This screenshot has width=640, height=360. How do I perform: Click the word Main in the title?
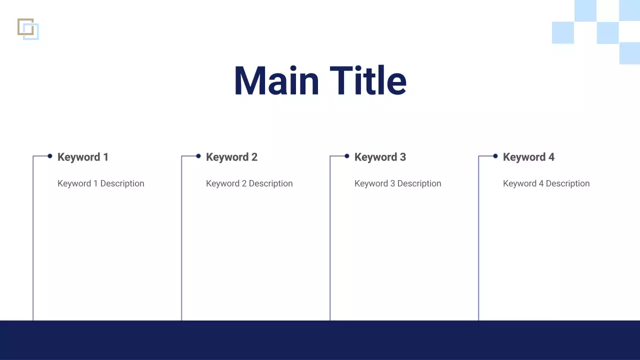pyautogui.click(x=276, y=81)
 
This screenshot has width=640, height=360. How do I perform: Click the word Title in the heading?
pyautogui.click(x=368, y=81)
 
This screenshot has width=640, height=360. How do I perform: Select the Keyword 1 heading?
pyautogui.click(x=83, y=157)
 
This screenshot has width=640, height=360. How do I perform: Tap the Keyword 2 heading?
pyautogui.click(x=231, y=157)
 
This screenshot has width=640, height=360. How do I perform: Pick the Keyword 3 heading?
pyautogui.click(x=380, y=157)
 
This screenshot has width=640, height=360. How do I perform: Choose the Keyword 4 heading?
pyautogui.click(x=528, y=157)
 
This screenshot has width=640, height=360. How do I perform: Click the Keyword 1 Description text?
pyautogui.click(x=100, y=183)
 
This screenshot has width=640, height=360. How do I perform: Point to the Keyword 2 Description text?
pyautogui.click(x=249, y=183)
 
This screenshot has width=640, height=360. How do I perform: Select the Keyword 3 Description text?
pyautogui.click(x=397, y=183)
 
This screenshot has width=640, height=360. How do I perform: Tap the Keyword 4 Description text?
pyautogui.click(x=546, y=183)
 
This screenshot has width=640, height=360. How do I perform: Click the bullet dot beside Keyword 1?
pyautogui.click(x=50, y=156)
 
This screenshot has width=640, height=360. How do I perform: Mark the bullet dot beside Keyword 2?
pyautogui.click(x=198, y=156)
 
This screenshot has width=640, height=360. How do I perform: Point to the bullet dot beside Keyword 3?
pyautogui.click(x=347, y=156)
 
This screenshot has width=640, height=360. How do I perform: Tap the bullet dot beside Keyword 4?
pyautogui.click(x=495, y=156)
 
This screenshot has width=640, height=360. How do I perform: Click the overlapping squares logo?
pyautogui.click(x=28, y=29)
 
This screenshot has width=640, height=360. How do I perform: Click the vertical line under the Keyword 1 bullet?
pyautogui.click(x=33, y=240)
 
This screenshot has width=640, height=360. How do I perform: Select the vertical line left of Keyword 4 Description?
pyautogui.click(x=478, y=240)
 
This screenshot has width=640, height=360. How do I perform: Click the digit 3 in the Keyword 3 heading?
pyautogui.click(x=402, y=157)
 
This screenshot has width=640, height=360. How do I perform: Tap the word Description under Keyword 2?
pyautogui.click(x=270, y=183)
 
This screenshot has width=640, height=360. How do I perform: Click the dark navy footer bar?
pyautogui.click(x=320, y=340)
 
